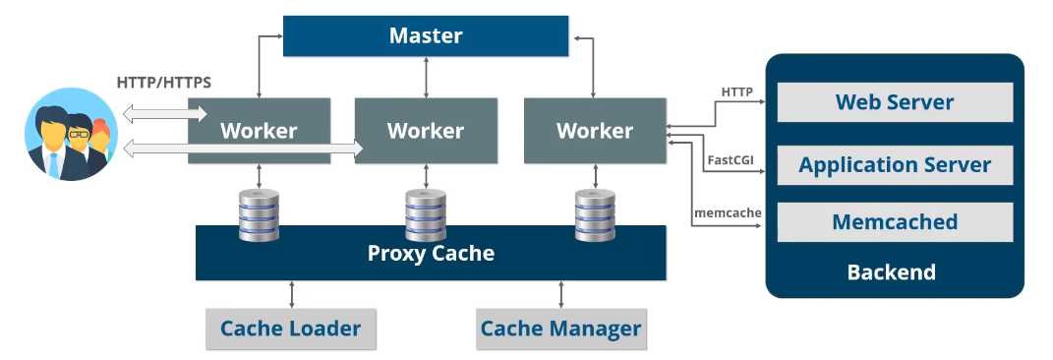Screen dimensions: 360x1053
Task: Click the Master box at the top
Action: click(x=426, y=36)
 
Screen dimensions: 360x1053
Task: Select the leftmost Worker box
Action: click(x=259, y=130)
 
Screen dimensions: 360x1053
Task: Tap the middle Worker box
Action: click(x=426, y=130)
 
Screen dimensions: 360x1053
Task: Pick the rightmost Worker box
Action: click(x=594, y=130)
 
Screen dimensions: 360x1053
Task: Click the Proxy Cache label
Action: click(x=431, y=253)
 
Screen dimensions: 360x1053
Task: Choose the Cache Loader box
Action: click(x=290, y=329)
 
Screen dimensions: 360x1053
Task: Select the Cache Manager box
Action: click(x=560, y=329)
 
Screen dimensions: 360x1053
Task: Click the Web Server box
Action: click(x=895, y=102)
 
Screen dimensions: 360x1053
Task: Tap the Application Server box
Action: click(x=895, y=165)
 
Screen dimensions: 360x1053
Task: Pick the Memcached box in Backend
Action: click(x=895, y=222)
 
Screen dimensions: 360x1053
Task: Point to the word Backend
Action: click(x=891, y=271)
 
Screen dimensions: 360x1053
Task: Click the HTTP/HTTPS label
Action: click(x=163, y=83)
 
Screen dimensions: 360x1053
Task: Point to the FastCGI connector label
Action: click(x=730, y=158)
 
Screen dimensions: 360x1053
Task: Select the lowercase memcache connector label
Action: click(x=729, y=211)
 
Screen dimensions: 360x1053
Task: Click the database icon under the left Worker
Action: click(x=259, y=214)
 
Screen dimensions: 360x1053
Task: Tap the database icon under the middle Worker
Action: click(x=426, y=214)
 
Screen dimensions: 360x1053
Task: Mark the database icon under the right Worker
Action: click(x=594, y=214)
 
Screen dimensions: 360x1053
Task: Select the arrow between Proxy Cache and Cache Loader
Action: click(x=291, y=294)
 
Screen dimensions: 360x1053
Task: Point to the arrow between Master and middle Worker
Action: click(x=426, y=76)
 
